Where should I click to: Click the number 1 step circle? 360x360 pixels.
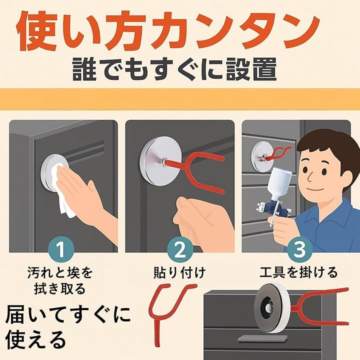click(x=61, y=250)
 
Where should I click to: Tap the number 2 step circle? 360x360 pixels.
click(x=179, y=250)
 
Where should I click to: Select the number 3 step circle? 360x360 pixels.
click(x=299, y=250)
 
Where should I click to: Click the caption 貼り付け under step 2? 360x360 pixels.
click(x=179, y=273)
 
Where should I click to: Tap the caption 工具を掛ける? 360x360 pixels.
click(x=298, y=272)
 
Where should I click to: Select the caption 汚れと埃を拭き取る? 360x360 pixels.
click(x=60, y=280)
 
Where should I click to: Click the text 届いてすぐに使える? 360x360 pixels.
click(x=66, y=327)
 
